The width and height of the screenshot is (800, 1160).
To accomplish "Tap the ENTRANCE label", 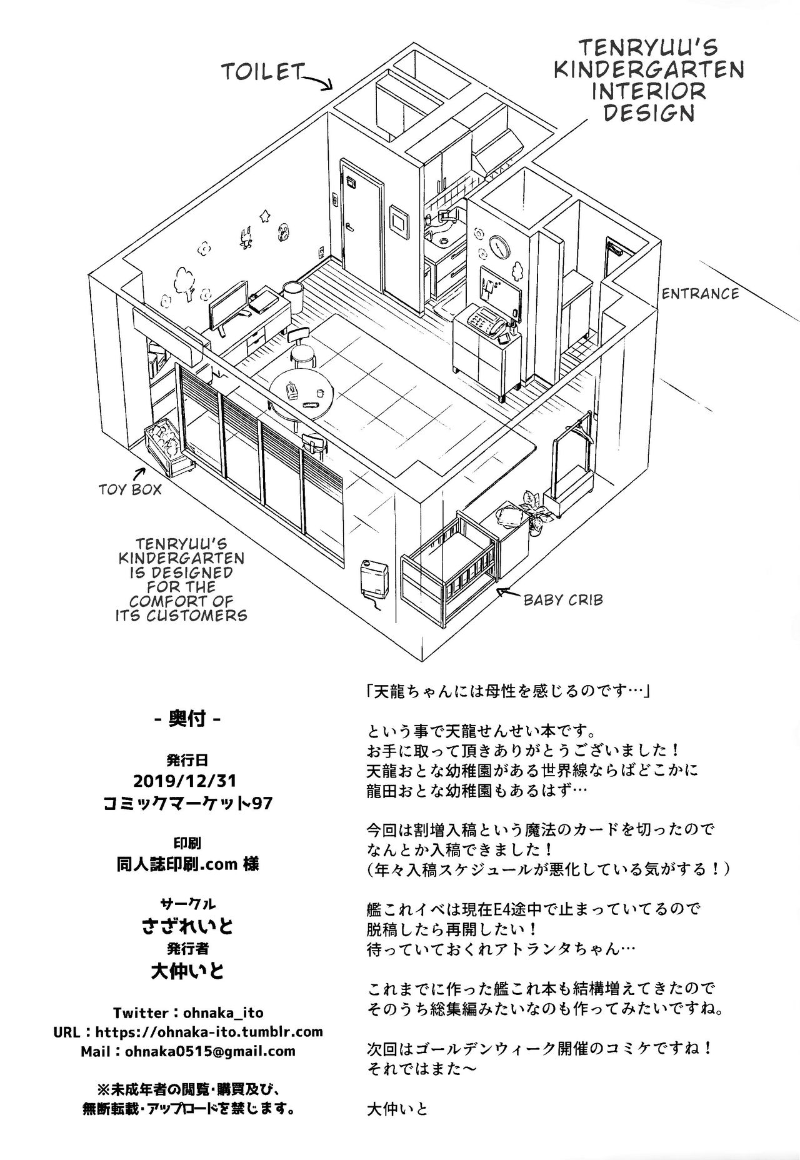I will tap(700, 293).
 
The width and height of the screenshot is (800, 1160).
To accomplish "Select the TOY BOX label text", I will tap(131, 488).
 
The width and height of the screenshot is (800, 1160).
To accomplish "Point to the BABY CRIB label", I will tap(563, 600).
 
